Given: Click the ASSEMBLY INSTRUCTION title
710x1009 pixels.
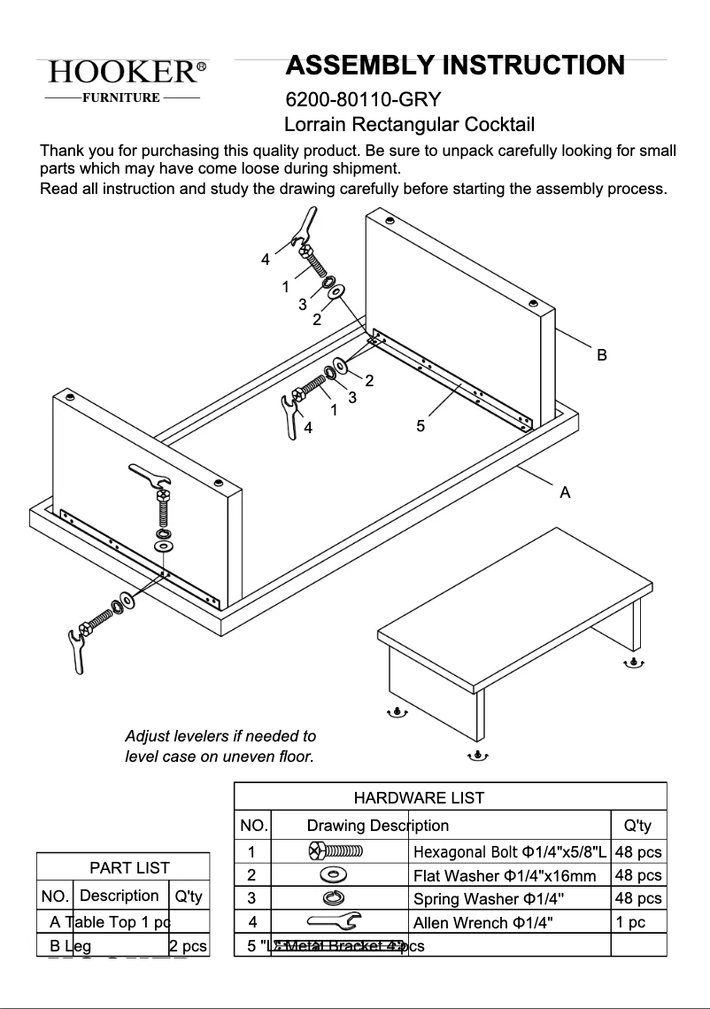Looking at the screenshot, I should (455, 66).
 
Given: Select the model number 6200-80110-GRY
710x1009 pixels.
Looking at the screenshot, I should (363, 99).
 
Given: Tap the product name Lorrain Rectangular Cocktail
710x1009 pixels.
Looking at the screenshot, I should (409, 125).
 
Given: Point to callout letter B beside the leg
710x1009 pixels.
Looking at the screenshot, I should (601, 355).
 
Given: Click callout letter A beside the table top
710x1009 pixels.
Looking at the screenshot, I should (565, 493).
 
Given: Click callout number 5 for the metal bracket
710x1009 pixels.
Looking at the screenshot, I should (421, 426).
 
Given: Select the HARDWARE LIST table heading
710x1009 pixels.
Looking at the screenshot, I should (419, 797).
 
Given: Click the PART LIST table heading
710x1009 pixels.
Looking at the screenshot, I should (129, 867).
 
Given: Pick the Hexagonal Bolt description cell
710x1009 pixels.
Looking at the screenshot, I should (510, 852).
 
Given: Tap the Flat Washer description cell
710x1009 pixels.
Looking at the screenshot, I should (505, 875).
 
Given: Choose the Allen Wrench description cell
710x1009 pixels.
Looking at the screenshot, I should (483, 922).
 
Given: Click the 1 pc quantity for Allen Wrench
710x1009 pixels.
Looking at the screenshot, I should (630, 922).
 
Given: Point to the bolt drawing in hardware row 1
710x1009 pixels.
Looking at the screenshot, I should (336, 851).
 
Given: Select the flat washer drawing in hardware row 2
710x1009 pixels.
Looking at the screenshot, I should (334, 875).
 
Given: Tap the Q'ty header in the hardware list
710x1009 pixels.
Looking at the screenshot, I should (637, 826).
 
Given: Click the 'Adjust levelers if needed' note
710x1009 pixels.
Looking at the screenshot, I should (220, 746).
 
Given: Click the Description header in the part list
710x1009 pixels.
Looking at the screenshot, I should (119, 896).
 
